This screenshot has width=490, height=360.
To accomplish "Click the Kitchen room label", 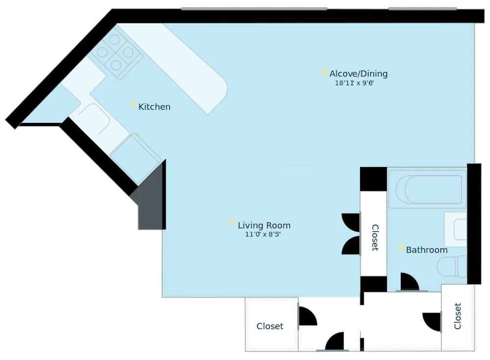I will point(154,107).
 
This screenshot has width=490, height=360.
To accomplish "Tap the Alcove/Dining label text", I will point(358,74).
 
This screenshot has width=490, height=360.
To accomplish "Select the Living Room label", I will point(264,226).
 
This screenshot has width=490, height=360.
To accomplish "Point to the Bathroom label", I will point(427,250).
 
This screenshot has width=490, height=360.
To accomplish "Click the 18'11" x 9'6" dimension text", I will point(354,83).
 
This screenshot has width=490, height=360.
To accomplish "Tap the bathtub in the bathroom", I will point(426,189).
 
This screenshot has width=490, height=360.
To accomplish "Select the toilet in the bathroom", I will point(451,266).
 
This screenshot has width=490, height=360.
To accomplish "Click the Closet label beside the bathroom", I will point(375,238).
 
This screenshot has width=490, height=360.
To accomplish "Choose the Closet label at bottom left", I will point(270,326).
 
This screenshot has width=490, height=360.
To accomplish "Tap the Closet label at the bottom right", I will point(458,316).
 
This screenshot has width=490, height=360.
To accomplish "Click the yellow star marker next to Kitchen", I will point(133,104).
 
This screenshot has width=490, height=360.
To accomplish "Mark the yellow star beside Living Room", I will point(233,223).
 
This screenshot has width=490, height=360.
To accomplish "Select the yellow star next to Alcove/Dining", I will point(324,72).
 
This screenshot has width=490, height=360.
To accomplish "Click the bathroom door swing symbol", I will point(409,282).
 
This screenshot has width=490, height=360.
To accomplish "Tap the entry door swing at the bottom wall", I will point(335,342).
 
